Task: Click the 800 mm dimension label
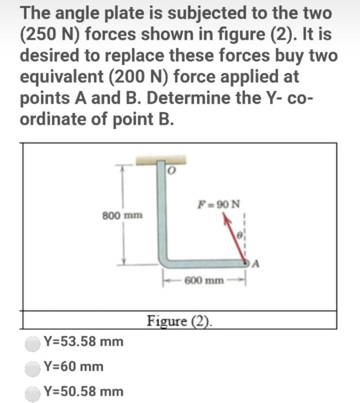point(122,216)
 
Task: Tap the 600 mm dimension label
point(204,280)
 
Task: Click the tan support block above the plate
point(161,159)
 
